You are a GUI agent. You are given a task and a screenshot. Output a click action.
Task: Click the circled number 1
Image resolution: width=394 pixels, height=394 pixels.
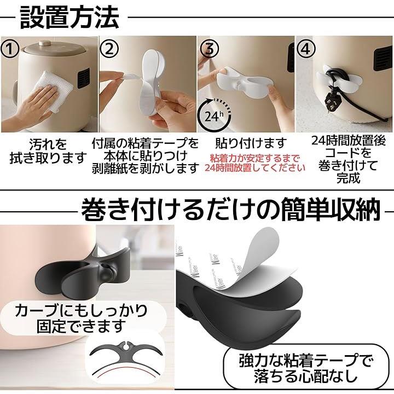(x=10, y=49)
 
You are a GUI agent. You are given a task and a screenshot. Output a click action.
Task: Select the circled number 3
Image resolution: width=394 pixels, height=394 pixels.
(x=208, y=49)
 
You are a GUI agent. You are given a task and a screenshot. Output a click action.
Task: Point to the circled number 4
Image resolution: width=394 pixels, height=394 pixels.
(x=305, y=49)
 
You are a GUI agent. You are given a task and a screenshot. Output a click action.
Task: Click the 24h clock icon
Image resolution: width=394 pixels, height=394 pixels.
(x=214, y=115)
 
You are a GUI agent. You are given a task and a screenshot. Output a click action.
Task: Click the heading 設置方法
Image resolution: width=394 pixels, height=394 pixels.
(x=69, y=18)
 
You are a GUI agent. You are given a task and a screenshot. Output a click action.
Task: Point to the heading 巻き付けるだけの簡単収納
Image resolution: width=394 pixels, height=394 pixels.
(x=230, y=210)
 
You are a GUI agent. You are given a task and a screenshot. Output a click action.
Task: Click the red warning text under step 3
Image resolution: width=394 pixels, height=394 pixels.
(x=254, y=163)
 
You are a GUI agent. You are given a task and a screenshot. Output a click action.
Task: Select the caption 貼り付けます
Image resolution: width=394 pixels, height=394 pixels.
(x=251, y=143)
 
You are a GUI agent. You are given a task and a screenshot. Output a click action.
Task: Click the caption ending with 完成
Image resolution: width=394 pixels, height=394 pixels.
(x=349, y=159)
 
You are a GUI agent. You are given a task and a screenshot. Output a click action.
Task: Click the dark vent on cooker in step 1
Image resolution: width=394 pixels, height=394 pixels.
(x=83, y=78)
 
